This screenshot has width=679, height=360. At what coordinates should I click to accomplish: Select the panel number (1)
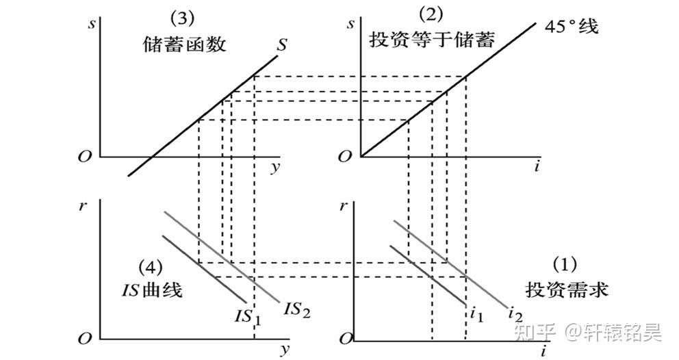565,264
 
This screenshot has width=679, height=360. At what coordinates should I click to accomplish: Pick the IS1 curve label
248,316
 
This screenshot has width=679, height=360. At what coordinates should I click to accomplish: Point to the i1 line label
477,315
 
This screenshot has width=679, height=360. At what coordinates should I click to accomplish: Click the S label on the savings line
281,47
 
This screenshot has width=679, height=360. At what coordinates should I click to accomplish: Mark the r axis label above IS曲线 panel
83,205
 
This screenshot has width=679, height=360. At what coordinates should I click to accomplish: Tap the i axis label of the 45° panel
537,167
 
